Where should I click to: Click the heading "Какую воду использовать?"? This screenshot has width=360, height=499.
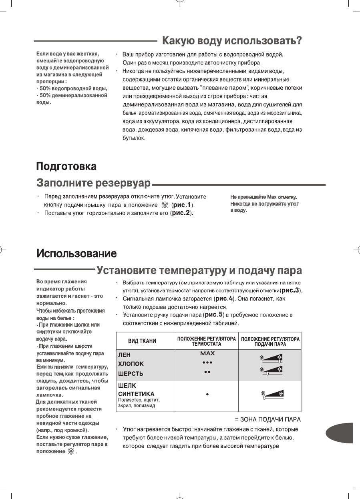(x=231, y=41)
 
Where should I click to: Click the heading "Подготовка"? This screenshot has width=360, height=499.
(x=66, y=166)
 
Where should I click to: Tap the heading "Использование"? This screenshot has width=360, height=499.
(x=77, y=253)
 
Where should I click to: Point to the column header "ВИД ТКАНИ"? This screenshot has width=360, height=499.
(x=142, y=341)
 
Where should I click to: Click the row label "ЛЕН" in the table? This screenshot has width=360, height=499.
(x=123, y=355)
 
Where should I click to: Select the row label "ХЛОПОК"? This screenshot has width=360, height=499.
(x=130, y=364)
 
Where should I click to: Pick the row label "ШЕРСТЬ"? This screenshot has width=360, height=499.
(x=130, y=374)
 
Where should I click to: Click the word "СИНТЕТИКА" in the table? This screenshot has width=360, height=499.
(x=136, y=394)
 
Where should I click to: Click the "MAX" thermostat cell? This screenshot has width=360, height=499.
(x=207, y=353)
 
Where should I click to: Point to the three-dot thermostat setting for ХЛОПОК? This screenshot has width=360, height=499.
(x=207, y=363)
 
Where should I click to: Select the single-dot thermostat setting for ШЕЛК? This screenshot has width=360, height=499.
(x=207, y=394)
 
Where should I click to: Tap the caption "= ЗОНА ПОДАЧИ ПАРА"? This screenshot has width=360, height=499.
(x=268, y=419)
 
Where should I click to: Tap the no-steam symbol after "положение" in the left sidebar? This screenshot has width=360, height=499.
(x=71, y=452)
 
